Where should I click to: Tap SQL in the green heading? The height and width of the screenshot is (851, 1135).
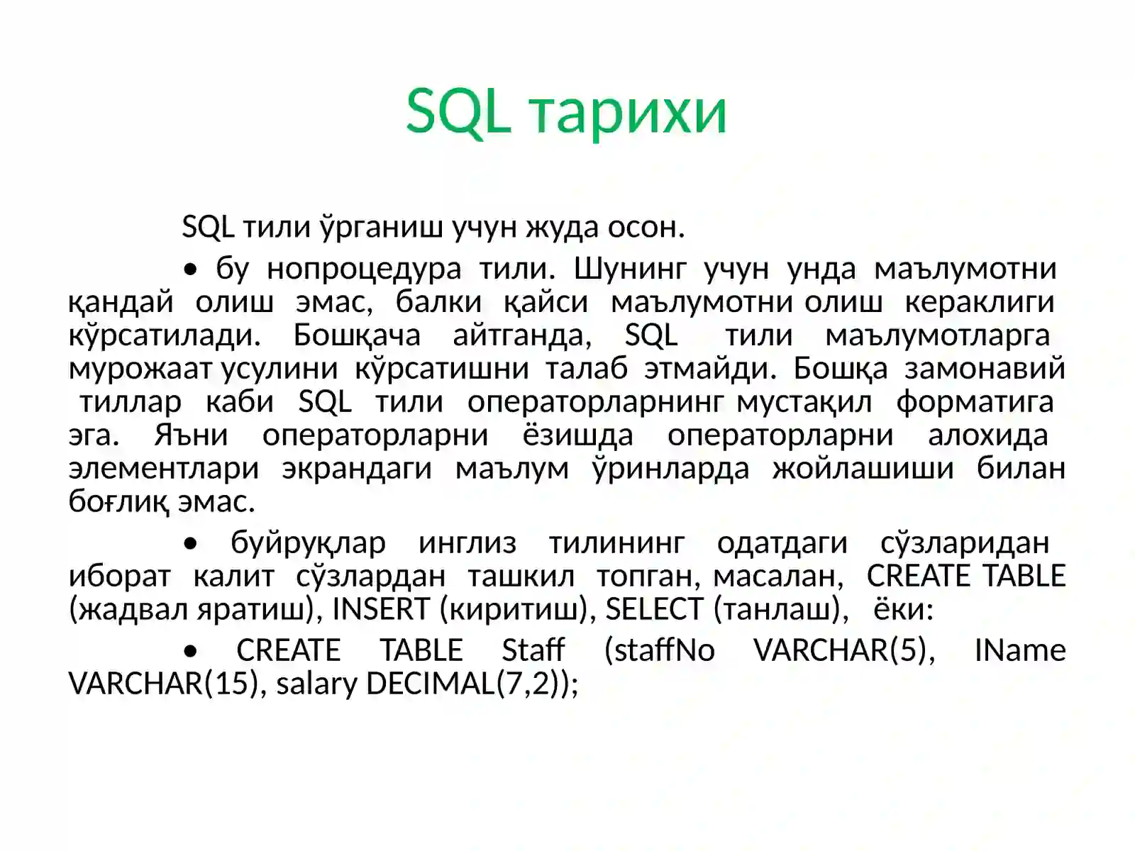[458, 112]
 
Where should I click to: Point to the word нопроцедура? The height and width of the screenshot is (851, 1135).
[364, 269]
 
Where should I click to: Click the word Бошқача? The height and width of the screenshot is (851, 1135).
[357, 335]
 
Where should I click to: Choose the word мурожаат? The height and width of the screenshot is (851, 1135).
[140, 369]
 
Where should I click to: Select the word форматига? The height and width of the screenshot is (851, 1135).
[975, 402]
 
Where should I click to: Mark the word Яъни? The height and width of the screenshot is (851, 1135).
[191, 435]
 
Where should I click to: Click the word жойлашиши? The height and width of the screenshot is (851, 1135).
[863, 469]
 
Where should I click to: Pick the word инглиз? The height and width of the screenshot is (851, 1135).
[467, 543]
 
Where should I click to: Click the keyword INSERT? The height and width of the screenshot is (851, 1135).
[381, 609]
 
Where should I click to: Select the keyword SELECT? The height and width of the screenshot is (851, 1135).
[653, 609]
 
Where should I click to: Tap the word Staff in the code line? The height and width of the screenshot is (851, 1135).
[533, 650]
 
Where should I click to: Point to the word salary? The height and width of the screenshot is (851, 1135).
[316, 684]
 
